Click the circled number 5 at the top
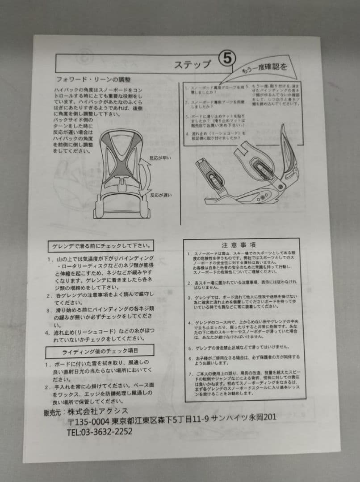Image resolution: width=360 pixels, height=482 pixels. tap(226, 59)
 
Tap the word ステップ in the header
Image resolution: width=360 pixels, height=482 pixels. tap(193, 64)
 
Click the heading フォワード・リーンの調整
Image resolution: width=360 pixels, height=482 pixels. tap(93, 80)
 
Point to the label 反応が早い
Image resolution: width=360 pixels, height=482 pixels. tap(161, 158)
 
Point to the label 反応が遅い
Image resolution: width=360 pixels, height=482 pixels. tap(161, 195)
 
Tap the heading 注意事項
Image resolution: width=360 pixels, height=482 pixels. tap(239, 245)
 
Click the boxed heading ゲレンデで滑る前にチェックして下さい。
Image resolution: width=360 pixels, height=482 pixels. tap(100, 246)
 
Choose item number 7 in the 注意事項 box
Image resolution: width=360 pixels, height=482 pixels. tap(190, 373)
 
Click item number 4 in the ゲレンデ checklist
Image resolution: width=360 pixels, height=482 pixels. tap(47, 332)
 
